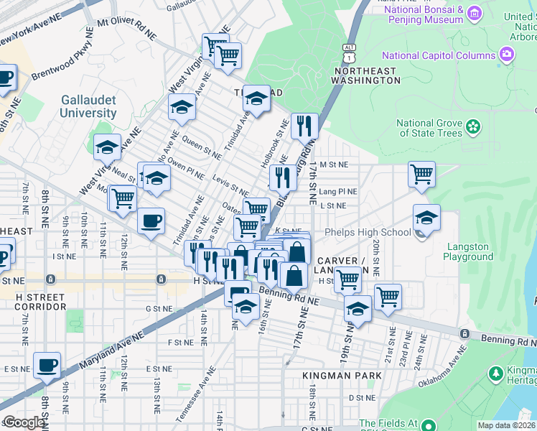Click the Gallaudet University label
[88, 106]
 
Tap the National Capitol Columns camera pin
[507, 55]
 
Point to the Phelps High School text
[368, 232]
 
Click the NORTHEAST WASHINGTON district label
[366, 75]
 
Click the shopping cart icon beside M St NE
[421, 173]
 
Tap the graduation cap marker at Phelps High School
[426, 218]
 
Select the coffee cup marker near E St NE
[47, 365]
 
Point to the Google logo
[24, 422]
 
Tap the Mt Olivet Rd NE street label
[126, 28]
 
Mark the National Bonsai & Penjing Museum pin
[474, 14]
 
